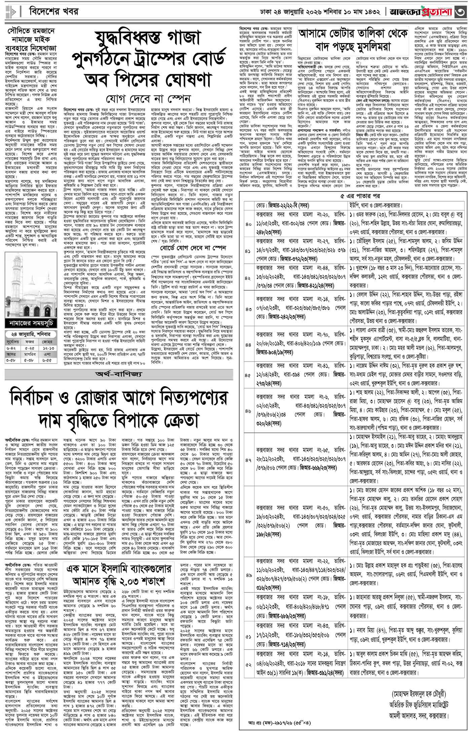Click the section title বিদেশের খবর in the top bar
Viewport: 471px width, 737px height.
pyautogui.click(x=54, y=12)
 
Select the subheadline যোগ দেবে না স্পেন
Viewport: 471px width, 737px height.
pyautogui.click(x=148, y=99)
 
